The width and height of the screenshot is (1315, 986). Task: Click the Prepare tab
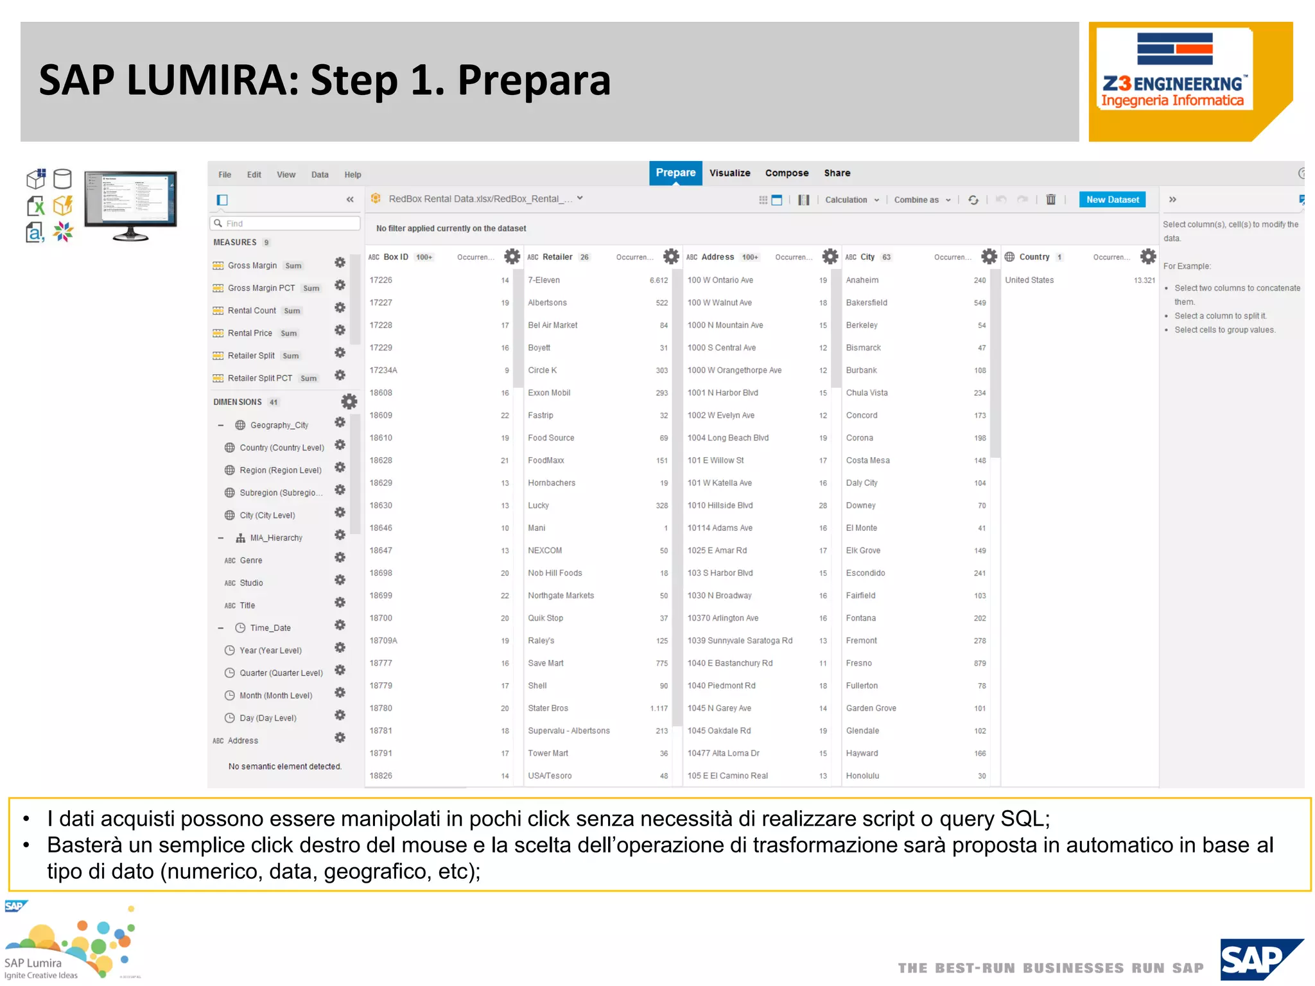point(675,173)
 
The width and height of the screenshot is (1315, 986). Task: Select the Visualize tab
point(729,173)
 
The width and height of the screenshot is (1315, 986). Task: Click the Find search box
point(285,223)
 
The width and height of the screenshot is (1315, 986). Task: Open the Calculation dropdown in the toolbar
point(851,200)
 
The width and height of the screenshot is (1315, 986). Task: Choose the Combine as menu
point(921,200)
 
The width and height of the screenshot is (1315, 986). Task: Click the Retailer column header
point(557,257)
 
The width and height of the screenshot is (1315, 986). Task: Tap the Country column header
point(1034,257)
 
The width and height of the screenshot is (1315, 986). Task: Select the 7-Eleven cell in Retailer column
point(544,281)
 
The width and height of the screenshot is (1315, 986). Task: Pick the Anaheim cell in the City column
point(862,281)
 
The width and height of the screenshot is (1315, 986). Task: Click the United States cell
point(1029,281)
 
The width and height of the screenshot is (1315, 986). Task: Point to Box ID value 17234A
point(383,370)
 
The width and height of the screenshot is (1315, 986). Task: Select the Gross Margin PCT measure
point(261,288)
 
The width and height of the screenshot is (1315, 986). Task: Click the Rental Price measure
point(250,333)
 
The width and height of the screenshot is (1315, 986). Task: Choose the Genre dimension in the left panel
point(250,560)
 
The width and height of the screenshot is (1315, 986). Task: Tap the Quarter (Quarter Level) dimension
point(281,673)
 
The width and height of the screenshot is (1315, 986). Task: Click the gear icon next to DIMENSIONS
point(349,402)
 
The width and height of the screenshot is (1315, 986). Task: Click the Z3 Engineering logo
point(1174,71)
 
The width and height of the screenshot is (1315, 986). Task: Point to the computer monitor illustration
point(130,204)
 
